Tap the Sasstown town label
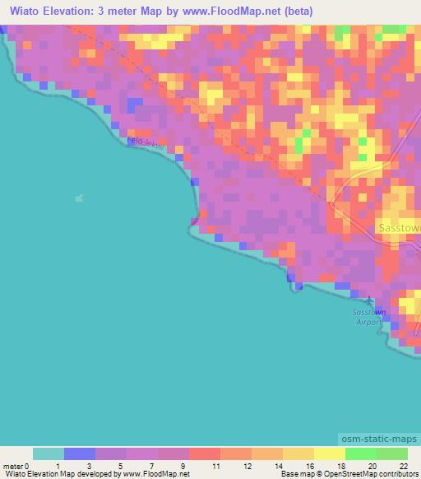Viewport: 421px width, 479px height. (399, 226)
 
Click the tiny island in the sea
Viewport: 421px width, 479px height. (79, 198)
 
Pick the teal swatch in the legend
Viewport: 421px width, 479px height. (49, 453)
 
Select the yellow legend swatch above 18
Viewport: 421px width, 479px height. (330, 453)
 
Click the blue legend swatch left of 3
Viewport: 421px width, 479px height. (80, 453)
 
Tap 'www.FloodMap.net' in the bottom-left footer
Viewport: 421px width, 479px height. (155, 474)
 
